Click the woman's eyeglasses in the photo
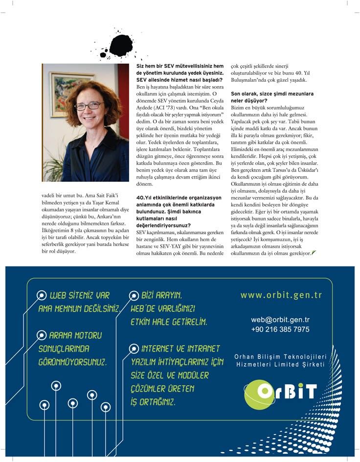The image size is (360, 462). [89, 106]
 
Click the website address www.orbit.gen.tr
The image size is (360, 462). [281, 295]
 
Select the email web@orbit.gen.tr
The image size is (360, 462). [280, 320]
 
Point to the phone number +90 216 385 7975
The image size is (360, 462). [280, 330]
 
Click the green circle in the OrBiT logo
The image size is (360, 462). [258, 394]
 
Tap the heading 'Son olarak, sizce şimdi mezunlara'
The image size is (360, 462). [272, 93]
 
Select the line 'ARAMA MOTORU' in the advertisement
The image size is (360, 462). [75, 335]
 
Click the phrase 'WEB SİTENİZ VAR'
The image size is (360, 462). [79, 295]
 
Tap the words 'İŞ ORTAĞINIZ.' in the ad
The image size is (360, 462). [152, 402]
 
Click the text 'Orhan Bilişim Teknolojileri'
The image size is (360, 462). [280, 357]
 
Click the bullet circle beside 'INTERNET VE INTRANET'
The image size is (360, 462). [133, 349]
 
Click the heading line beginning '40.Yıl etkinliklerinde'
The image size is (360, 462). [179, 198]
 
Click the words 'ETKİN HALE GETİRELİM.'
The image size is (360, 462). [169, 322]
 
